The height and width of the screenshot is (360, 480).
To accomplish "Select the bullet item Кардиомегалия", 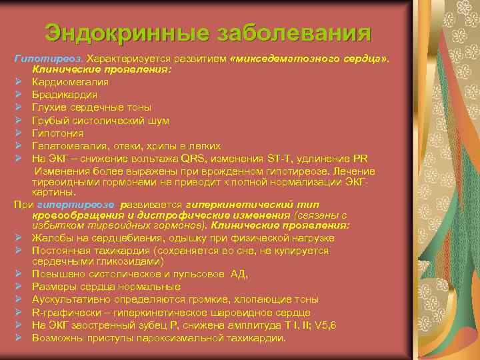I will (x=71, y=81).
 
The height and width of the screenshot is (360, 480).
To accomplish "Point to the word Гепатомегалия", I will (x=72, y=145).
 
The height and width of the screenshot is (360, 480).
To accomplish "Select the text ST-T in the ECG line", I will (x=279, y=159).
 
